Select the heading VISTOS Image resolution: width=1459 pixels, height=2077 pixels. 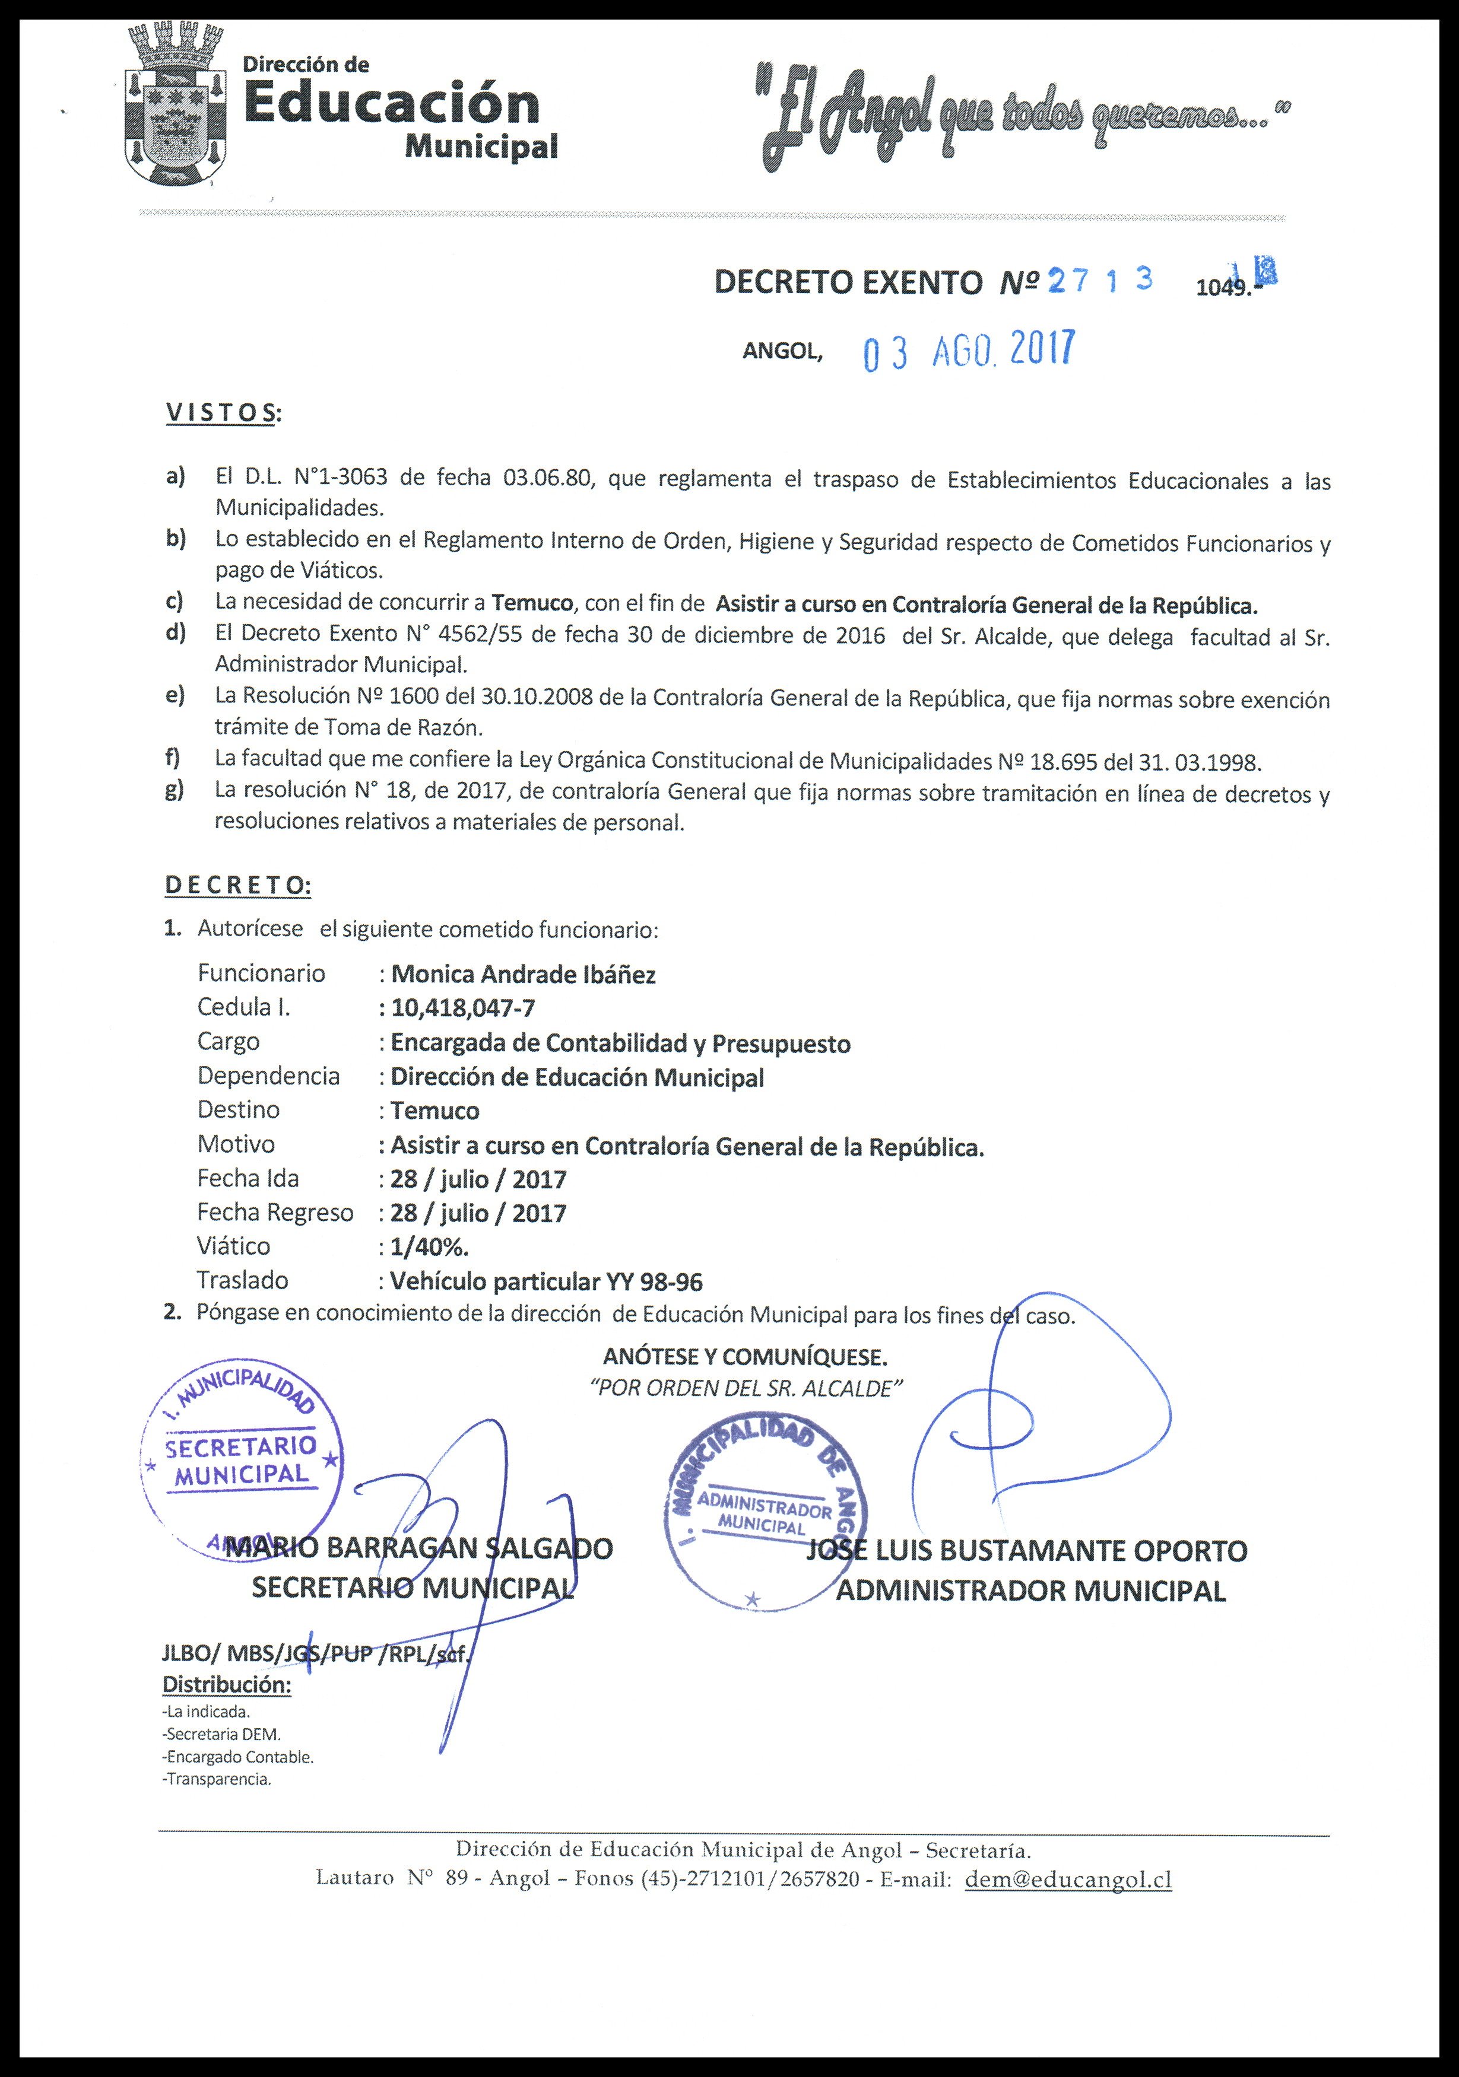pos(223,414)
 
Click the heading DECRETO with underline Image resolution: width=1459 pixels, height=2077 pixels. pos(237,885)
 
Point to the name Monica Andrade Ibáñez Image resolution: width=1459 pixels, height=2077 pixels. pos(523,974)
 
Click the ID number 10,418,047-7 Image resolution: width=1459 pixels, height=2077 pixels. pos(462,1008)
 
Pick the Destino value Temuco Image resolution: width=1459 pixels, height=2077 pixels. pos(434,1111)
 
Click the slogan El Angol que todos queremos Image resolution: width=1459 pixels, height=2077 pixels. pos(1023,116)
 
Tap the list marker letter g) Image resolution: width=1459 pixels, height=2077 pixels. pos(175,789)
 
